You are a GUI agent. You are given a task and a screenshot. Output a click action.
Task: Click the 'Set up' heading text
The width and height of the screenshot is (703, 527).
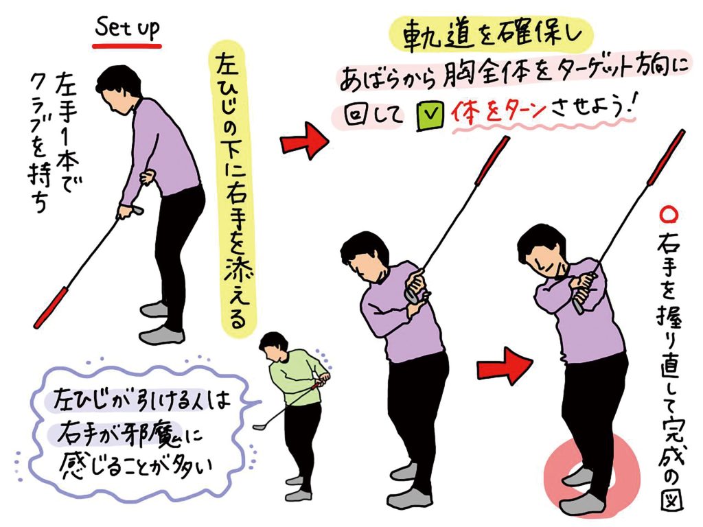point(127,28)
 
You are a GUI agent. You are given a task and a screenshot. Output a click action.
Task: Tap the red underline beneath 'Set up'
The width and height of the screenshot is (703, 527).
point(127,45)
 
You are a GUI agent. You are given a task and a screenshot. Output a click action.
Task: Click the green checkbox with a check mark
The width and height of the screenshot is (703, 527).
point(430,115)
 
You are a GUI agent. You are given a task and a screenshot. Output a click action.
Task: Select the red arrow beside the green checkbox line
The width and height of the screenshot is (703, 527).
point(304,140)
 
